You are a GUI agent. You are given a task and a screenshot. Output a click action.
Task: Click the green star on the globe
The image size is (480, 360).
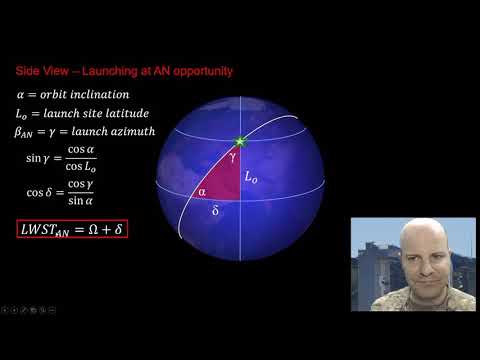click(x=240, y=141)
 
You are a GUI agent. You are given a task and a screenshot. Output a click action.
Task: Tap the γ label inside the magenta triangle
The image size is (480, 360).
click(x=233, y=158)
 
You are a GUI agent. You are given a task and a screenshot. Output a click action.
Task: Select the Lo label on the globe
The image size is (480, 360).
click(x=252, y=176)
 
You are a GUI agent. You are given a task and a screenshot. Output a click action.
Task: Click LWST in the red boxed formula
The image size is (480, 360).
click(x=41, y=229)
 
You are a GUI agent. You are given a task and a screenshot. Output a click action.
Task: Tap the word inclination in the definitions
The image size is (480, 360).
click(x=113, y=95)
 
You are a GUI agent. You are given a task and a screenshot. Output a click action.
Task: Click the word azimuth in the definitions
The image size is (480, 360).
click(x=131, y=131)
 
